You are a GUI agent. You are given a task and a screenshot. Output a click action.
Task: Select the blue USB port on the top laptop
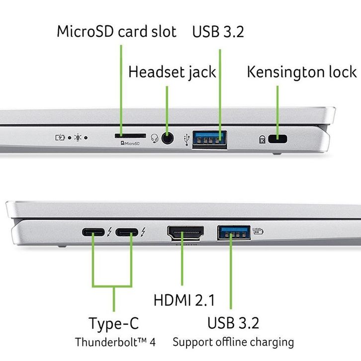coord(209,139)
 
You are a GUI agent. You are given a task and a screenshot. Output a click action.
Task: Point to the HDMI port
coord(184,233)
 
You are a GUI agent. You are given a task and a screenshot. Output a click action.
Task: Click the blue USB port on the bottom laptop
coord(233,233)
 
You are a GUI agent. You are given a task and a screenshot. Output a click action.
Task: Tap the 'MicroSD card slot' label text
coord(116,32)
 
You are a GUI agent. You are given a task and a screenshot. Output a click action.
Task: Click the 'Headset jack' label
coord(172,72)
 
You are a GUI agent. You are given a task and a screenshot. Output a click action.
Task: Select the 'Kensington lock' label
coord(302,72)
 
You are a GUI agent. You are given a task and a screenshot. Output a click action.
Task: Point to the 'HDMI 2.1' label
coord(184,300)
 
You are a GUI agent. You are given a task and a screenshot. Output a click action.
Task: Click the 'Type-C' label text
coord(114,323)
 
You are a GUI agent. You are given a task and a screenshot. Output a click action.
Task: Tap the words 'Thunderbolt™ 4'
coord(115,343)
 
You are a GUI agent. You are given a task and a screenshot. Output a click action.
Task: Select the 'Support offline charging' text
coord(233,343)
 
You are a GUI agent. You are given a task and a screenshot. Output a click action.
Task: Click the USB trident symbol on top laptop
coord(186,139)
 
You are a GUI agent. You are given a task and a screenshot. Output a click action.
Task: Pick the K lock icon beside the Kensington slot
coord(262,140)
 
